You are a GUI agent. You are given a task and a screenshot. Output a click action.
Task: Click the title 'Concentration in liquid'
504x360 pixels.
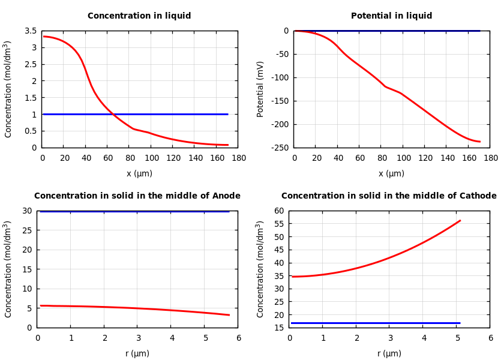(x=139, y=16)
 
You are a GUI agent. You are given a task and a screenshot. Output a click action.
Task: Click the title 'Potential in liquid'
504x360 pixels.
(x=391, y=16)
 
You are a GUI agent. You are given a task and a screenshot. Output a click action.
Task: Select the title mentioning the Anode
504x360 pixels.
(x=137, y=196)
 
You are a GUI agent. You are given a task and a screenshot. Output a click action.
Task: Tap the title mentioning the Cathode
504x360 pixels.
(x=389, y=196)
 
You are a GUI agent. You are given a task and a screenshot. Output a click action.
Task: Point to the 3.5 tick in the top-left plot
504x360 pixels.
(x=30, y=31)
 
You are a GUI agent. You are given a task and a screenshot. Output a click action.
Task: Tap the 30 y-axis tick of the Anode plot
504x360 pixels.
(x=26, y=211)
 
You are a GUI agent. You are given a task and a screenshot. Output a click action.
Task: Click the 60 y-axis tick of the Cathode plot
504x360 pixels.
(x=278, y=211)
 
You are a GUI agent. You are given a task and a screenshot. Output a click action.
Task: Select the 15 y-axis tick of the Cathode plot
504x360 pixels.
(x=278, y=328)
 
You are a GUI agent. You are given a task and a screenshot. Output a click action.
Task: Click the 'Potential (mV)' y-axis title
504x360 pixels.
(x=260, y=89)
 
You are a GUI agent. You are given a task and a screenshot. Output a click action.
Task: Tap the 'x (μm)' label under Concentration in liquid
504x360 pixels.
(x=139, y=174)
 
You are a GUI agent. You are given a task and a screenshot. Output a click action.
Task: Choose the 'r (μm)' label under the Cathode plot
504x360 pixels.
(x=389, y=354)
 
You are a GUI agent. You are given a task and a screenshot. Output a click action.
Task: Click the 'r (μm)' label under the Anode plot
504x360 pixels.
(x=137, y=354)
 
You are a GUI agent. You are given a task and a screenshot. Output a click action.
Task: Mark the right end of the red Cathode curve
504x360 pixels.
(x=460, y=220)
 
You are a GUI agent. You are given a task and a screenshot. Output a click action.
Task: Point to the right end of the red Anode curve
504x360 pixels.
(x=229, y=315)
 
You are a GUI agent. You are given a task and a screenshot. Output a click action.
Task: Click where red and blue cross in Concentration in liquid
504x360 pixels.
(x=113, y=114)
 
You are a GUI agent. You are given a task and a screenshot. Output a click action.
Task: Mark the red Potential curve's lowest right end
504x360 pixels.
(x=479, y=142)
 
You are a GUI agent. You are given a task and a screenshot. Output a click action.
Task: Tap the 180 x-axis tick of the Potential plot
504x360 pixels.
(x=490, y=158)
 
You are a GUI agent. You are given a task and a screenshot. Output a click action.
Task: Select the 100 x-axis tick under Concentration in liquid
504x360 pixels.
(x=151, y=158)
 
